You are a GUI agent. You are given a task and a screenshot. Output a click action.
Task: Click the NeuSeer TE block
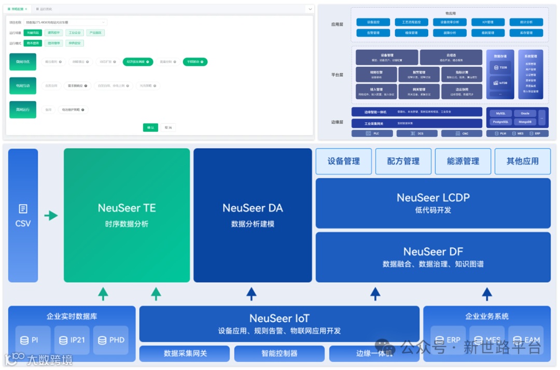click(x=127, y=215)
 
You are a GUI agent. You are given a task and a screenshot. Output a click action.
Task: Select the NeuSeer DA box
click(x=253, y=215)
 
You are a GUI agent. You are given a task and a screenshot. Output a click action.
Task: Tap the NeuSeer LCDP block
click(x=433, y=203)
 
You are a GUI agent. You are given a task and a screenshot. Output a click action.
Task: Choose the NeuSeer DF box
click(x=433, y=257)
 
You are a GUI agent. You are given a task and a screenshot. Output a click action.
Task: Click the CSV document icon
click(x=23, y=209)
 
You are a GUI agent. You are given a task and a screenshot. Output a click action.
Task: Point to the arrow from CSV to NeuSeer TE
click(x=51, y=215)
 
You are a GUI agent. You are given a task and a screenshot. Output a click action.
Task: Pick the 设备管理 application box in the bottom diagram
click(x=344, y=161)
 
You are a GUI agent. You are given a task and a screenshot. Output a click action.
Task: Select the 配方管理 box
click(x=403, y=161)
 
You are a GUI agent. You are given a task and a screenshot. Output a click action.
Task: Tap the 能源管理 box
click(x=463, y=161)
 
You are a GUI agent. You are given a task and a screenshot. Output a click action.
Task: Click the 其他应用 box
click(x=522, y=161)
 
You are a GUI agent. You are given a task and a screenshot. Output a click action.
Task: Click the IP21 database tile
click(x=72, y=340)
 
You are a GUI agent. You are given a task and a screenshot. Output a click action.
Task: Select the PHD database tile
click(x=110, y=340)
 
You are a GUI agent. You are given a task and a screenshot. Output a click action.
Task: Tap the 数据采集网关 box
click(x=185, y=353)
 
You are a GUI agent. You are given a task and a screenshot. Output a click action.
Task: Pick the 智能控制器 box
click(x=279, y=353)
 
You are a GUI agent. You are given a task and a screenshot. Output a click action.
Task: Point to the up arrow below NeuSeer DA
click(x=251, y=294)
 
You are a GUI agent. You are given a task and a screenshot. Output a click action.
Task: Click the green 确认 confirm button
click(x=150, y=127)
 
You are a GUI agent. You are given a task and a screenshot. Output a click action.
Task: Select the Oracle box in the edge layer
click(x=525, y=113)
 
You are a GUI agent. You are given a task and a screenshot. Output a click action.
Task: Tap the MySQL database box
click(x=500, y=113)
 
